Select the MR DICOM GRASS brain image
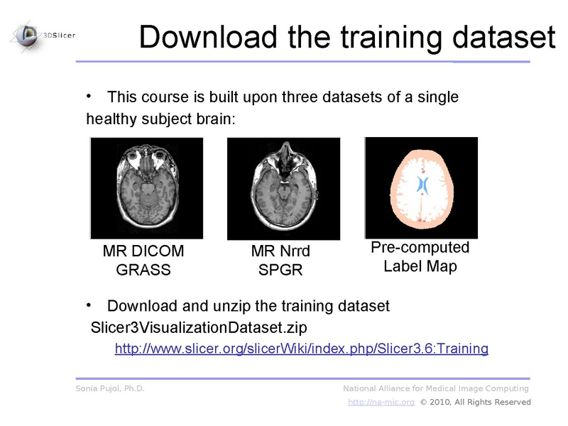(146, 188)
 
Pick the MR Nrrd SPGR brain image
(283, 188)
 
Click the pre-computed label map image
(420, 187)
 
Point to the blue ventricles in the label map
(421, 185)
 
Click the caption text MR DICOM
(143, 251)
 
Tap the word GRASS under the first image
(143, 270)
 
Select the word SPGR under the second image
(280, 270)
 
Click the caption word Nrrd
(296, 251)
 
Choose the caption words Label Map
(420, 267)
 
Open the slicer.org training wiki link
(302, 349)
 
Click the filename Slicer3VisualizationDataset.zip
(199, 327)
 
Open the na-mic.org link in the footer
(381, 403)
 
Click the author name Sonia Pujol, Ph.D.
(110, 388)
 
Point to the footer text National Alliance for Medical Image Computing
(436, 388)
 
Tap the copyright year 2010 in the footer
(440, 403)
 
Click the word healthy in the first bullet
(110, 119)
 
